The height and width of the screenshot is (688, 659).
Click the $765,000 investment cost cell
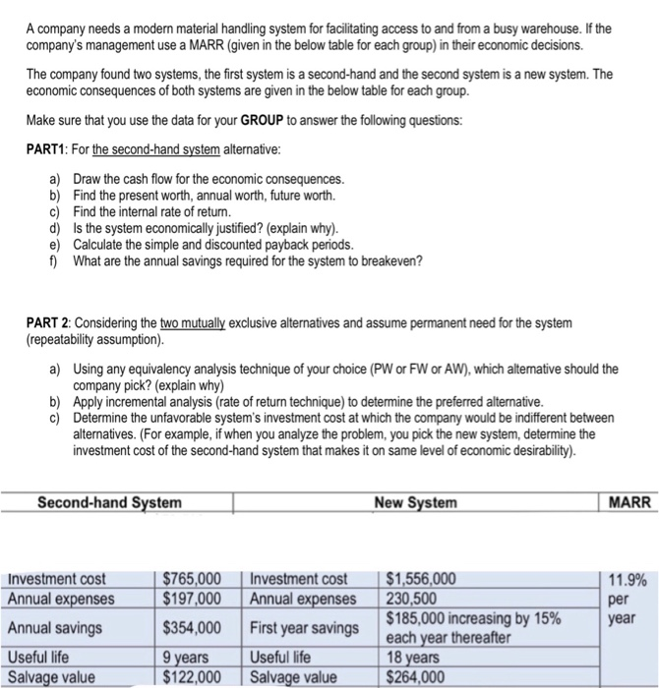192,579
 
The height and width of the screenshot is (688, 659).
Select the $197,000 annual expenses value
192,599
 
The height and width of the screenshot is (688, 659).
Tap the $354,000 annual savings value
192,627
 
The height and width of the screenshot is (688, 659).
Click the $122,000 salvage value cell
192,675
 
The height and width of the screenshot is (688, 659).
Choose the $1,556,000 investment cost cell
421,579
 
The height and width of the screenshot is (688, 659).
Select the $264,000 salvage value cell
415,675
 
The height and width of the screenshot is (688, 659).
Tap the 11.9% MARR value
628,580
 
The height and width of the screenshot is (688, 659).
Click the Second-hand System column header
109,503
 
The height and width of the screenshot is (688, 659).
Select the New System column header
415,503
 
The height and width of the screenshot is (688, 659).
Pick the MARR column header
629,503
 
